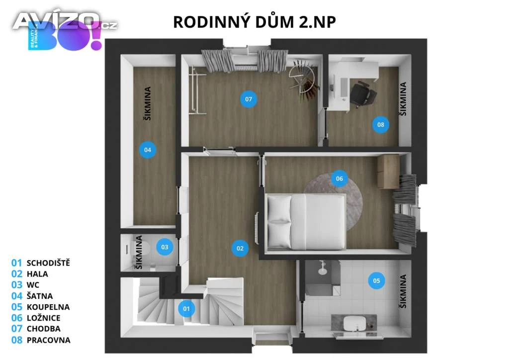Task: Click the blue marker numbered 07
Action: coord(249,99)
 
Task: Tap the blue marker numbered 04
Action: coord(147,150)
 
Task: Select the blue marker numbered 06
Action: coord(339,178)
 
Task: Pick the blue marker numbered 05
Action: coord(376,280)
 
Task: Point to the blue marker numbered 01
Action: coord(186,309)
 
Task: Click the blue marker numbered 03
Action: coord(165,247)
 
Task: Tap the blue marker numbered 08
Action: coord(380,124)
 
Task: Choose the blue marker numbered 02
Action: coord(240,248)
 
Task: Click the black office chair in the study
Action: coord(363,94)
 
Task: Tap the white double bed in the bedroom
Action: coord(306,221)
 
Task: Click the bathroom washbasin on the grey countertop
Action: coord(354,323)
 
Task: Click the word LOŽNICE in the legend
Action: coord(44,318)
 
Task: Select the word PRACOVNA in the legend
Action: coord(48,340)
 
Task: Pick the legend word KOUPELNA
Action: coord(48,307)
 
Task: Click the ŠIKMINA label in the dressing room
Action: coord(147,103)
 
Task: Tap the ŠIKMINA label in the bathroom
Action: coord(403,291)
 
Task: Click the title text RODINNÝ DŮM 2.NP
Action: coord(254,22)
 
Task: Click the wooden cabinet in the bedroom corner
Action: coord(388,172)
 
